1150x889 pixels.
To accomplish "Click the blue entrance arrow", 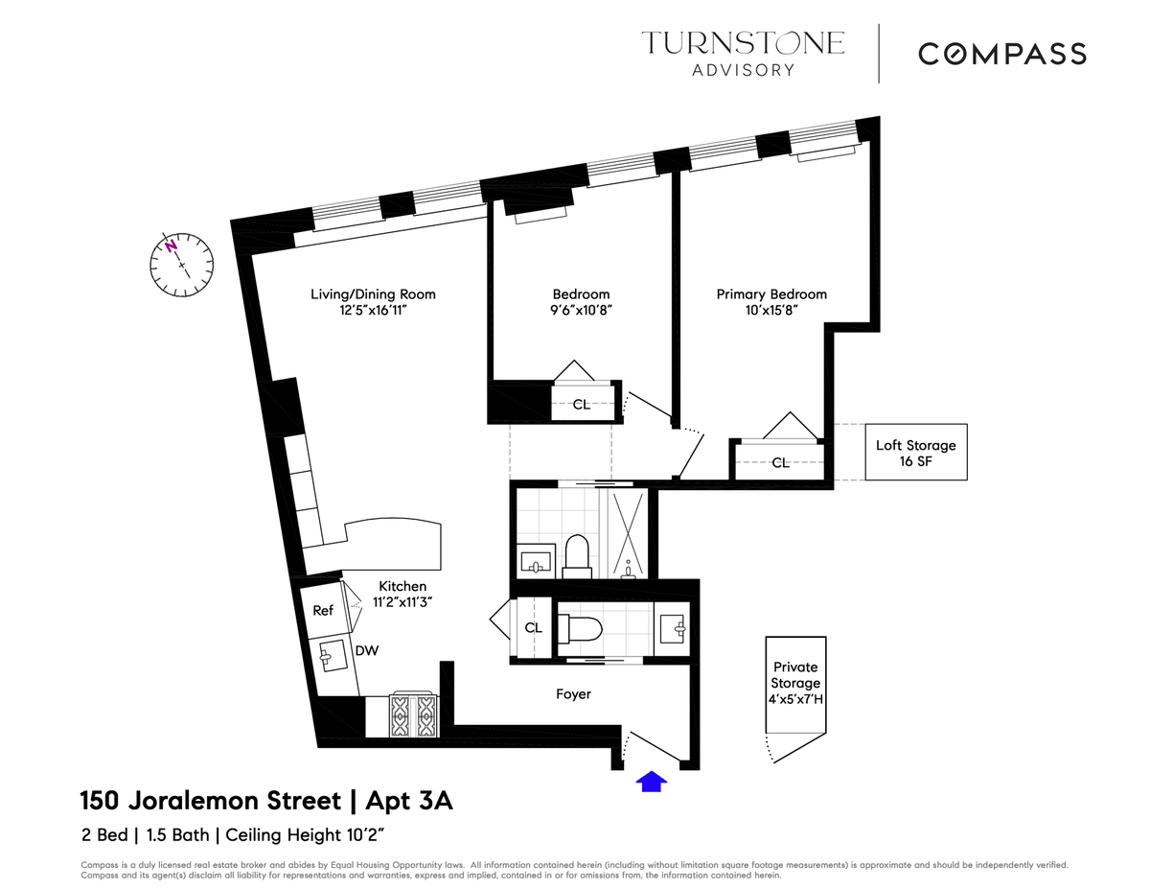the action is [x=651, y=782].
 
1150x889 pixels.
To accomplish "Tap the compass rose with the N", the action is [x=181, y=265].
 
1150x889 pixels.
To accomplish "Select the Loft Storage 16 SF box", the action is [x=915, y=452].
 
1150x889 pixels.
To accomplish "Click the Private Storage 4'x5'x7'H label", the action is [x=795, y=683].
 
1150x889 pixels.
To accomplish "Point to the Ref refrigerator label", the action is [x=323, y=611].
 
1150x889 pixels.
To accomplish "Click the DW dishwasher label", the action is [x=367, y=651].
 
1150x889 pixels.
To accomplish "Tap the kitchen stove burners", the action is [x=413, y=715].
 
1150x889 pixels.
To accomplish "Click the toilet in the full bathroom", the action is [x=577, y=556].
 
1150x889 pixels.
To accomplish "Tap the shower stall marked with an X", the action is [x=628, y=533].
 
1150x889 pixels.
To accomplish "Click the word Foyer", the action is [x=573, y=693].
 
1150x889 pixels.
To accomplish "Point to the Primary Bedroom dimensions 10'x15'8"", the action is [x=771, y=310].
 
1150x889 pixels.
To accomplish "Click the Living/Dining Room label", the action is [x=373, y=294].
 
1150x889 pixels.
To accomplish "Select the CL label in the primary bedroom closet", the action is [x=781, y=463].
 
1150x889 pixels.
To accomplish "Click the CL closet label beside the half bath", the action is [x=534, y=627].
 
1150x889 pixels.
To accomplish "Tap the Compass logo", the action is [x=1001, y=54].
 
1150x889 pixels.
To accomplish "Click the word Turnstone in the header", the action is [x=743, y=43].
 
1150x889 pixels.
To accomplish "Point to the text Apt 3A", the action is [x=409, y=801].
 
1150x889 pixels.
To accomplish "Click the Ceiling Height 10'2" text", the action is [x=305, y=835].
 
